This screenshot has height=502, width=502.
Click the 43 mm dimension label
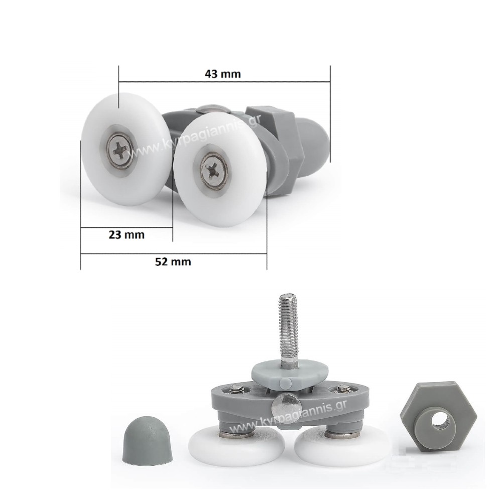222,74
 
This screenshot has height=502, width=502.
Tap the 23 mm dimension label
127,234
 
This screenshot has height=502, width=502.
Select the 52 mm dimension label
173,262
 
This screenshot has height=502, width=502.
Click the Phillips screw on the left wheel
120,150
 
